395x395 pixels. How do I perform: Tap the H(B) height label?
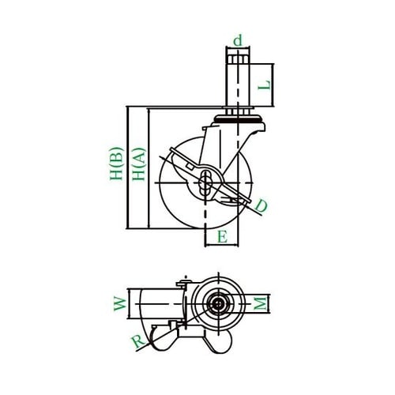point(115,166)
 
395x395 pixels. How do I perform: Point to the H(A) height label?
point(137,167)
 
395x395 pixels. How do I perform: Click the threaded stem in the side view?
point(237,79)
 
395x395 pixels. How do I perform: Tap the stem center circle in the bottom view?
point(216,303)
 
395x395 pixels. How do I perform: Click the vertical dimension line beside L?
point(274,85)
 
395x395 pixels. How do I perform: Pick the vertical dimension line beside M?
point(269,303)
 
